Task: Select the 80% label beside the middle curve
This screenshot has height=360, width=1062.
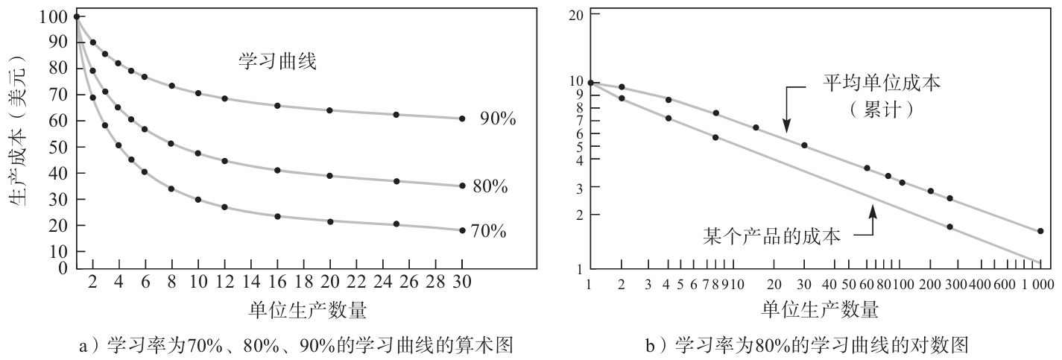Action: pos(490,187)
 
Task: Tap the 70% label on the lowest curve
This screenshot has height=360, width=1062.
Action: pos(489,232)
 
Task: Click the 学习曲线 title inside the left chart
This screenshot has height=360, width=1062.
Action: pos(277,62)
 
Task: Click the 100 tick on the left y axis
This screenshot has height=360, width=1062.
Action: pos(59,16)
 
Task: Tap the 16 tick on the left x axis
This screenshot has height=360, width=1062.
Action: pos(277,284)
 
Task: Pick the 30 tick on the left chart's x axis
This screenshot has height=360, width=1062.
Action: pos(462,284)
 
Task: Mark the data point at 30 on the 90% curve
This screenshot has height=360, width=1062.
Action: pos(462,119)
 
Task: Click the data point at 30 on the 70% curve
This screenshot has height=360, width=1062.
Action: pos(462,230)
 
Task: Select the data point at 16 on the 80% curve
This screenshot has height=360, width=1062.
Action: pos(277,171)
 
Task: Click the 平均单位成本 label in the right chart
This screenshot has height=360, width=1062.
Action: pos(882,83)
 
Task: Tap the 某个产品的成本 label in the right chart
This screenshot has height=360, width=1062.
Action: pos(772,237)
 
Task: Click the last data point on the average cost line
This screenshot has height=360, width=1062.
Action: pos(1040,231)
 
